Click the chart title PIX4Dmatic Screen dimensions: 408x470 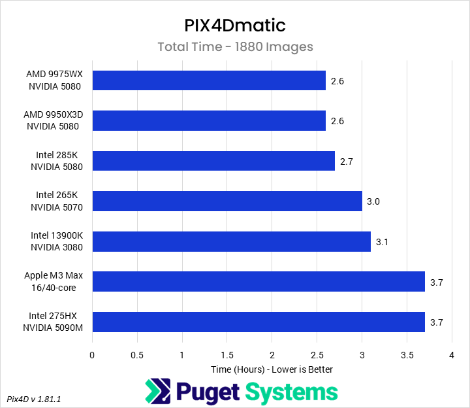point(235,26)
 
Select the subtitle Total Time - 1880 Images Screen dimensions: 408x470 point(235,47)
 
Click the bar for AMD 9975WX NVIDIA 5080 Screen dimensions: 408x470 point(209,80)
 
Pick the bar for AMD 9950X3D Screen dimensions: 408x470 point(209,120)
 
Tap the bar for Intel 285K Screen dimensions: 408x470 point(213,161)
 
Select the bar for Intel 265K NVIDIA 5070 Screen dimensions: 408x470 point(227,201)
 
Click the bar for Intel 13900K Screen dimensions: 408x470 point(231,241)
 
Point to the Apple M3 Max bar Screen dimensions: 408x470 point(258,281)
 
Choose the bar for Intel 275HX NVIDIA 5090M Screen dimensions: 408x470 point(258,322)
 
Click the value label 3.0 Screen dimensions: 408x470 point(373,201)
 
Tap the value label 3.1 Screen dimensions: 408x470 point(382,242)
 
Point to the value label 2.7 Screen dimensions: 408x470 point(346,161)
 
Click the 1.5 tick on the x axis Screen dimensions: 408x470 point(227,356)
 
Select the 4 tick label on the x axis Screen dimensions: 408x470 point(451,356)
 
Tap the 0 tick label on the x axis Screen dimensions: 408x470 point(92,356)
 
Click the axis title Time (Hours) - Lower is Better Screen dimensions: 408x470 point(272,369)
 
